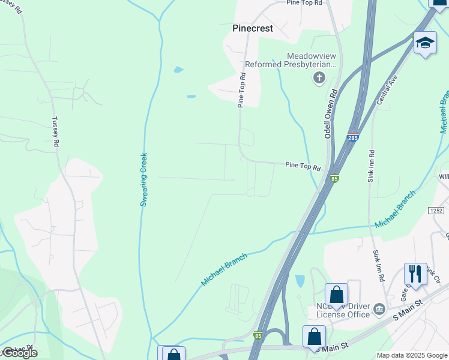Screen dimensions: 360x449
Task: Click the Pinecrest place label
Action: click(x=253, y=28)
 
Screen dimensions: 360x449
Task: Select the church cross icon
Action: click(x=319, y=77)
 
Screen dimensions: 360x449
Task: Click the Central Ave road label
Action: click(x=387, y=90)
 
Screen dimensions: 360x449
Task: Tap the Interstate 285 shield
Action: click(x=353, y=137)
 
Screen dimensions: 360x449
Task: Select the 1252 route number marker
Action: click(x=436, y=211)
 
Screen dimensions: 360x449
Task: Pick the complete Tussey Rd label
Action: click(x=56, y=132)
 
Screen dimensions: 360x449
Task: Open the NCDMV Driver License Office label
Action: click(x=342, y=310)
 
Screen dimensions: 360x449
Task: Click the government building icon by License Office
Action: click(x=379, y=310)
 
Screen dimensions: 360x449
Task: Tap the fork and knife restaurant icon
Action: click(x=415, y=274)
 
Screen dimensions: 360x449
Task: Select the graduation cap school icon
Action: click(x=425, y=43)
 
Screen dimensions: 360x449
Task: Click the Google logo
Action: click(x=19, y=353)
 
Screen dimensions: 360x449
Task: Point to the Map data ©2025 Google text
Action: click(x=412, y=355)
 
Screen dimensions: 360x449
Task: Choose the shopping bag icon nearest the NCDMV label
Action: click(x=336, y=295)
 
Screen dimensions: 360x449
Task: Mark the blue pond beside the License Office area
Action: click(x=300, y=281)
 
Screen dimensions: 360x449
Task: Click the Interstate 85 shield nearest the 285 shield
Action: click(x=334, y=178)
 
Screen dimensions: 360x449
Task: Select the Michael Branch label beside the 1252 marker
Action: click(x=394, y=210)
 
